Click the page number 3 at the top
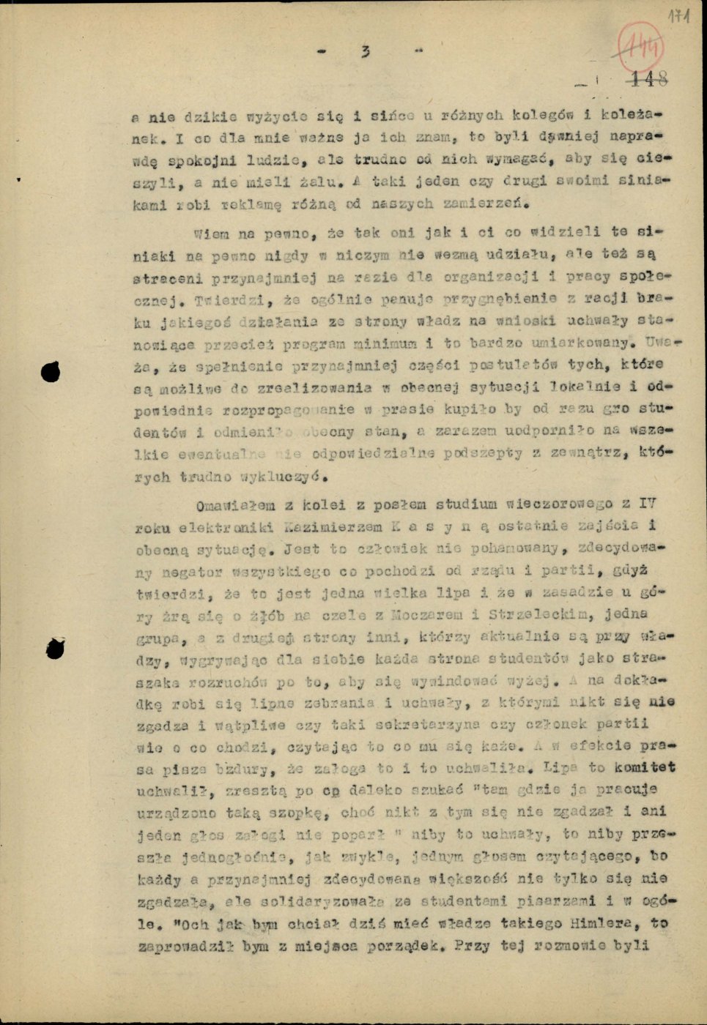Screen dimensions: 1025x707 coord(365,51)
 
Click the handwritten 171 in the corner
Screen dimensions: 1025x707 coord(680,15)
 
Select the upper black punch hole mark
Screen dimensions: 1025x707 coord(50,373)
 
